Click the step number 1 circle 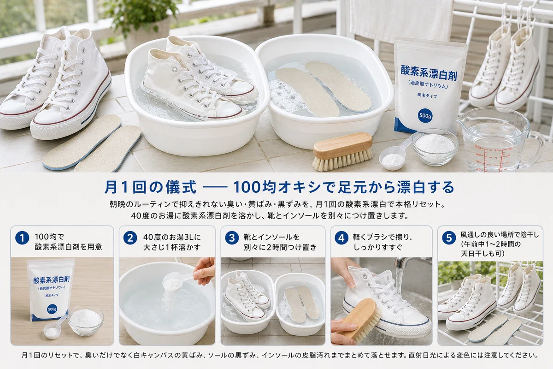tap(22, 238)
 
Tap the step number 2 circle tap(130, 238)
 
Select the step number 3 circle tap(232, 238)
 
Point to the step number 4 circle tap(341, 238)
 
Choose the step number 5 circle tap(449, 238)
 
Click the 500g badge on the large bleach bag tap(425, 116)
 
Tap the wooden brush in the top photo tap(343, 151)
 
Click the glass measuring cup tap(499, 140)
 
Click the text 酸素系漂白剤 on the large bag tap(429, 72)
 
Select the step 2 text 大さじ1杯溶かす tap(172, 247)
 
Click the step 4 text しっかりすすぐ tap(378, 247)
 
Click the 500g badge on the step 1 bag tap(52, 309)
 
